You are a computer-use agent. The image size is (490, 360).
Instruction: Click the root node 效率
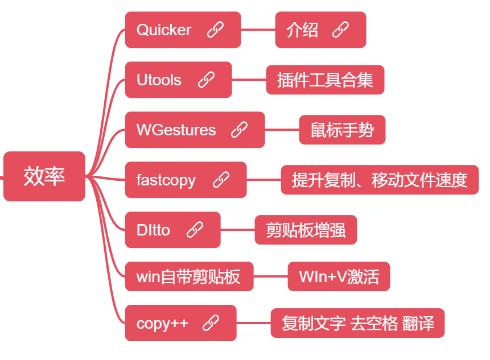[44, 176]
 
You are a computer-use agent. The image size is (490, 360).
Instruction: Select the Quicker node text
[164, 30]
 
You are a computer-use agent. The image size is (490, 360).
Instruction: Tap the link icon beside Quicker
[215, 30]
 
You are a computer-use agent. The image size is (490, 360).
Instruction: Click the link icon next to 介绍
[340, 30]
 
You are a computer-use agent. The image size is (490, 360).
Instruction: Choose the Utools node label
[159, 80]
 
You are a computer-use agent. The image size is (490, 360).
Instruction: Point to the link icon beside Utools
[206, 80]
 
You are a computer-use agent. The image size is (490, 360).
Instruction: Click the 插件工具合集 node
[325, 80]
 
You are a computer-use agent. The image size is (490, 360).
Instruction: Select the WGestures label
[176, 130]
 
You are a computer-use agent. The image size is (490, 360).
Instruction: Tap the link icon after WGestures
[239, 130]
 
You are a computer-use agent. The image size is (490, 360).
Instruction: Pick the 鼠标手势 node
[342, 130]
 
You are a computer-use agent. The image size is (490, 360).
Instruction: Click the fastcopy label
[166, 180]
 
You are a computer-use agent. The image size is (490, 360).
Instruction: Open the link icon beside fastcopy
[221, 180]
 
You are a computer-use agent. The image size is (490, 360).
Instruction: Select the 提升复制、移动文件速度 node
[380, 180]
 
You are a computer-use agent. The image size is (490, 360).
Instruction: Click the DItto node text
[153, 230]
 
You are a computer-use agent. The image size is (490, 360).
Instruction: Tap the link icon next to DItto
[195, 230]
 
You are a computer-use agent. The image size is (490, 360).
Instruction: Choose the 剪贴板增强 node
[306, 230]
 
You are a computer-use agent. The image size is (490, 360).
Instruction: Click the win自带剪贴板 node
[188, 278]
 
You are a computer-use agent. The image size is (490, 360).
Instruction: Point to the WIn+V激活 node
[339, 277]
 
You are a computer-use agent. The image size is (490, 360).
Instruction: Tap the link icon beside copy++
[211, 323]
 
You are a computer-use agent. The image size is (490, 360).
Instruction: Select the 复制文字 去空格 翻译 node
[357, 324]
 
